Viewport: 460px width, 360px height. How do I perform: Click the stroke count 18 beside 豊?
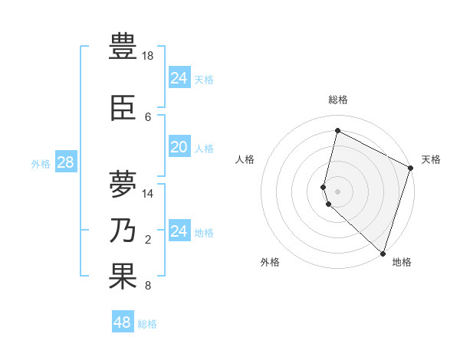(x=148, y=56)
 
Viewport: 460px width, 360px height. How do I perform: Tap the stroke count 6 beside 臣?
(x=148, y=117)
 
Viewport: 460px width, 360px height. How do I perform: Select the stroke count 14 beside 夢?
(x=148, y=194)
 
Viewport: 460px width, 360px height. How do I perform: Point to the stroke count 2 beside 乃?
(x=148, y=240)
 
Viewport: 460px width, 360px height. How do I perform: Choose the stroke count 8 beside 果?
(x=148, y=286)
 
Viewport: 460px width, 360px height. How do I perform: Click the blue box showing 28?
(x=65, y=162)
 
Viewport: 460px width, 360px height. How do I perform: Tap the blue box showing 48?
(x=123, y=322)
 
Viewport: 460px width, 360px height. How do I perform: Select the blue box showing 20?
(x=179, y=147)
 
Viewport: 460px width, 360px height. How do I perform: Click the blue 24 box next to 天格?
(x=179, y=77)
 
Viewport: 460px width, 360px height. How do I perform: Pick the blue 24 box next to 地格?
(x=179, y=231)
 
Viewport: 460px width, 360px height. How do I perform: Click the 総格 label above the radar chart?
(x=338, y=100)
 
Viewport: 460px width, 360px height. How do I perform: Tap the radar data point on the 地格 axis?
(x=383, y=253)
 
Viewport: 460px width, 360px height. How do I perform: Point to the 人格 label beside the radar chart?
(x=245, y=159)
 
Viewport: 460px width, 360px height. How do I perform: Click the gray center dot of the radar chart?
(x=338, y=191)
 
